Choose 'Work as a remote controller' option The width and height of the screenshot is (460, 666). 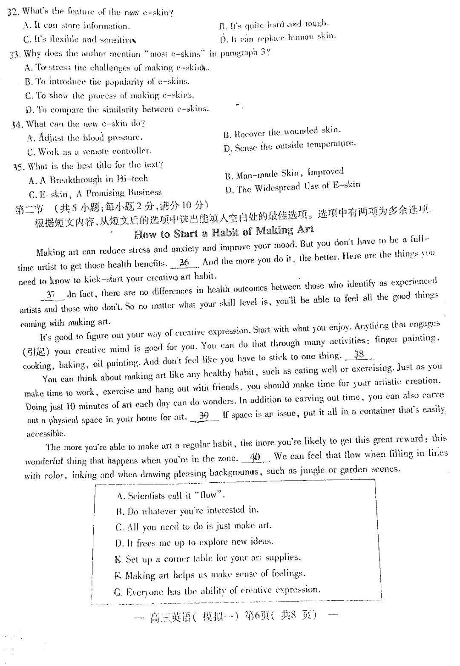(89, 151)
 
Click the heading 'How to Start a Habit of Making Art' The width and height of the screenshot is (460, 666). (224, 232)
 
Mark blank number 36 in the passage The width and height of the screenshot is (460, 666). (184, 262)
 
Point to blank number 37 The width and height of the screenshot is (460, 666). (51, 294)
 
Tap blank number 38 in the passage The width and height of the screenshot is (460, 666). (359, 355)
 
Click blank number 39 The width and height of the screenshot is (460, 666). (204, 415)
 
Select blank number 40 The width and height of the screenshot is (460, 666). (255, 457)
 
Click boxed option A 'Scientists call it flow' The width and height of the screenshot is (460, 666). (170, 496)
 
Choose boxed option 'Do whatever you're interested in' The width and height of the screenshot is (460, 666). (187, 510)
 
